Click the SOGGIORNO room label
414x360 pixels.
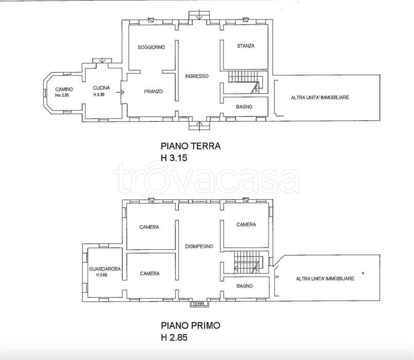[151, 47]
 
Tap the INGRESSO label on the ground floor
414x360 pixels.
[197, 76]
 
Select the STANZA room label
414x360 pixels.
[246, 46]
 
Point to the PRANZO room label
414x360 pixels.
[153, 91]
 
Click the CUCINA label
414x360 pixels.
[101, 88]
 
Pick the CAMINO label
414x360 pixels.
[64, 90]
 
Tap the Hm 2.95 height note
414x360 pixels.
[62, 95]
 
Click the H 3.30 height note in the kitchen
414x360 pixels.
[99, 95]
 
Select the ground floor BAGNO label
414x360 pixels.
[244, 107]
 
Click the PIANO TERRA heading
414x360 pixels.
[191, 146]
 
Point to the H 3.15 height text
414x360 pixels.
[174, 158]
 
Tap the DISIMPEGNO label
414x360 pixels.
[199, 247]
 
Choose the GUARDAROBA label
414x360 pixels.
[105, 269]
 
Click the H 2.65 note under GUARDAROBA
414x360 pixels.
[102, 275]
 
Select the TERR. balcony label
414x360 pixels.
[199, 304]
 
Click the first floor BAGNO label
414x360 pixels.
[244, 286]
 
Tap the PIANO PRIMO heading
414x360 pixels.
[190, 326]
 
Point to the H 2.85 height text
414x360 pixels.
[174, 337]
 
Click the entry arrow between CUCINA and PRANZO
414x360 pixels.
[120, 92]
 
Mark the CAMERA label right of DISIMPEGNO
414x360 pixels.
[246, 225]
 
